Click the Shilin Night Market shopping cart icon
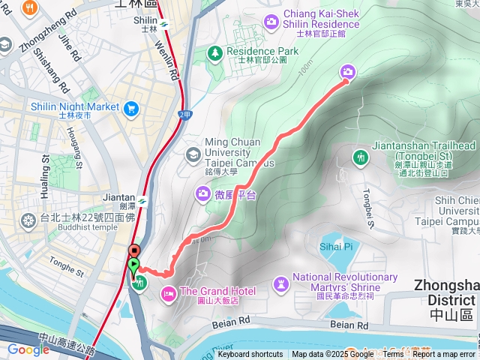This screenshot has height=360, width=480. tap(131, 108)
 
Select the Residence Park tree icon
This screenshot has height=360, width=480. tap(215, 52)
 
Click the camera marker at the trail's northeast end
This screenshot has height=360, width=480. tap(348, 72)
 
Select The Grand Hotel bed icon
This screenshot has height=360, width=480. tap(167, 292)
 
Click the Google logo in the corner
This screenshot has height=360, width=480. tap(28, 349)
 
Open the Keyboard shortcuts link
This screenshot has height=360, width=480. tap(250, 354)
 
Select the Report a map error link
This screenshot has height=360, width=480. tap(444, 354)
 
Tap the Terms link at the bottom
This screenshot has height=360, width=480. tap(393, 354)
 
